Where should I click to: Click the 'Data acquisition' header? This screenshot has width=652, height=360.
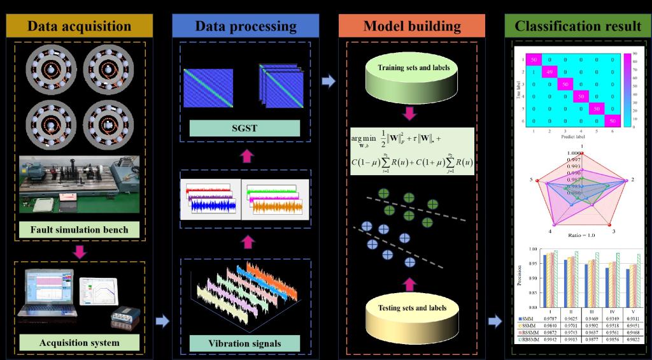click(79, 26)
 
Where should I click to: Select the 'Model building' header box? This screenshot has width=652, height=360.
click(412, 26)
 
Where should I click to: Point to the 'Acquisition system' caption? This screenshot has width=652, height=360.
click(79, 343)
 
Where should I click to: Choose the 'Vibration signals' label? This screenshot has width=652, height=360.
click(245, 343)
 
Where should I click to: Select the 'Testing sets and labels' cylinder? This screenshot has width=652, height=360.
click(413, 315)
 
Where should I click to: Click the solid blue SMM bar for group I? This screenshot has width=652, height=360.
click(546, 280)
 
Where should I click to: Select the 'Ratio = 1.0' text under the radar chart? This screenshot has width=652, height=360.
click(577, 234)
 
